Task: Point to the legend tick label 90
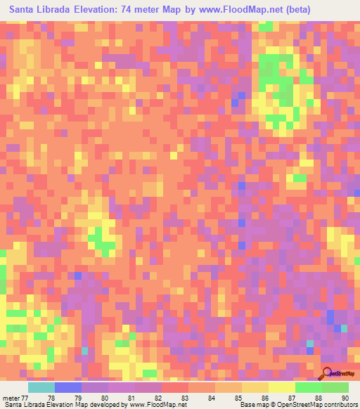pyautogui.click(x=344, y=397)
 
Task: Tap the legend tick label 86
pyautogui.click(x=264, y=397)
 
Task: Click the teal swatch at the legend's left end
pyautogui.click(x=41, y=387)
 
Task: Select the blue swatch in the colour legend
pyautogui.click(x=68, y=387)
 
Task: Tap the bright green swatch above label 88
pyautogui.click(x=308, y=387)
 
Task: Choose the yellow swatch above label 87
pyautogui.click(x=281, y=387)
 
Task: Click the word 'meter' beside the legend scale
pyautogui.click(x=11, y=397)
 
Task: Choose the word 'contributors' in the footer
pyautogui.click(x=340, y=405)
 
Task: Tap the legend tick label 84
pyautogui.click(x=212, y=397)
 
